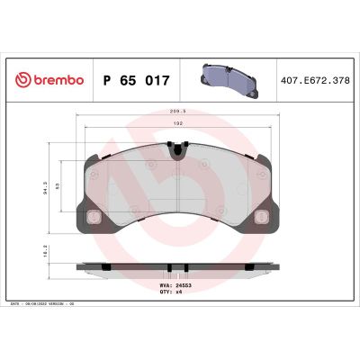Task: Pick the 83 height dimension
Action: tap(58, 185)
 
